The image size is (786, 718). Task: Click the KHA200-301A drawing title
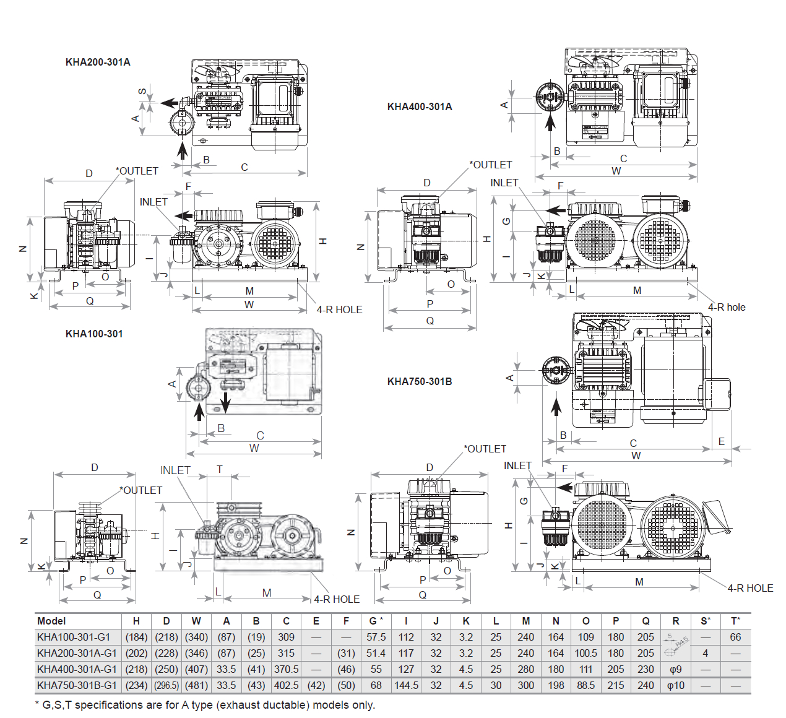click(98, 62)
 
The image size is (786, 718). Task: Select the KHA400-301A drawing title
click(420, 106)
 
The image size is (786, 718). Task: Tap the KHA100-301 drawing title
click(94, 334)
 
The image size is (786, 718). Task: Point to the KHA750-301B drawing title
click(420, 381)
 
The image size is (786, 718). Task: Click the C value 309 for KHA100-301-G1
click(286, 637)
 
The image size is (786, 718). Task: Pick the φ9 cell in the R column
click(675, 669)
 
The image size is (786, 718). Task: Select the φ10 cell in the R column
click(675, 685)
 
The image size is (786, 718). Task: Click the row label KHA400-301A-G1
click(77, 669)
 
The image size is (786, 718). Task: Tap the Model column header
click(51, 621)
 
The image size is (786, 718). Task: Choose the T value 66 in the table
click(735, 637)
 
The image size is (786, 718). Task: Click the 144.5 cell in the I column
click(406, 685)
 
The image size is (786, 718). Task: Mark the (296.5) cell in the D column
click(166, 685)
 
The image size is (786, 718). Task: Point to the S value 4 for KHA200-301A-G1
click(706, 653)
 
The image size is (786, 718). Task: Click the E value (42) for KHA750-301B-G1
click(316, 685)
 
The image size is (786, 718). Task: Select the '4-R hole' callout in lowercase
click(727, 307)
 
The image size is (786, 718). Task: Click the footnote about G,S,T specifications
click(205, 705)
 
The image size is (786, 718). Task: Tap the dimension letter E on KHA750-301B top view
click(722, 441)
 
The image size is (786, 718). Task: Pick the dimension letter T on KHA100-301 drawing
click(219, 469)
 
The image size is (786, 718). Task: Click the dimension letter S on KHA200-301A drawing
click(142, 92)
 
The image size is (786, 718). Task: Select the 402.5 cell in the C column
click(286, 685)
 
